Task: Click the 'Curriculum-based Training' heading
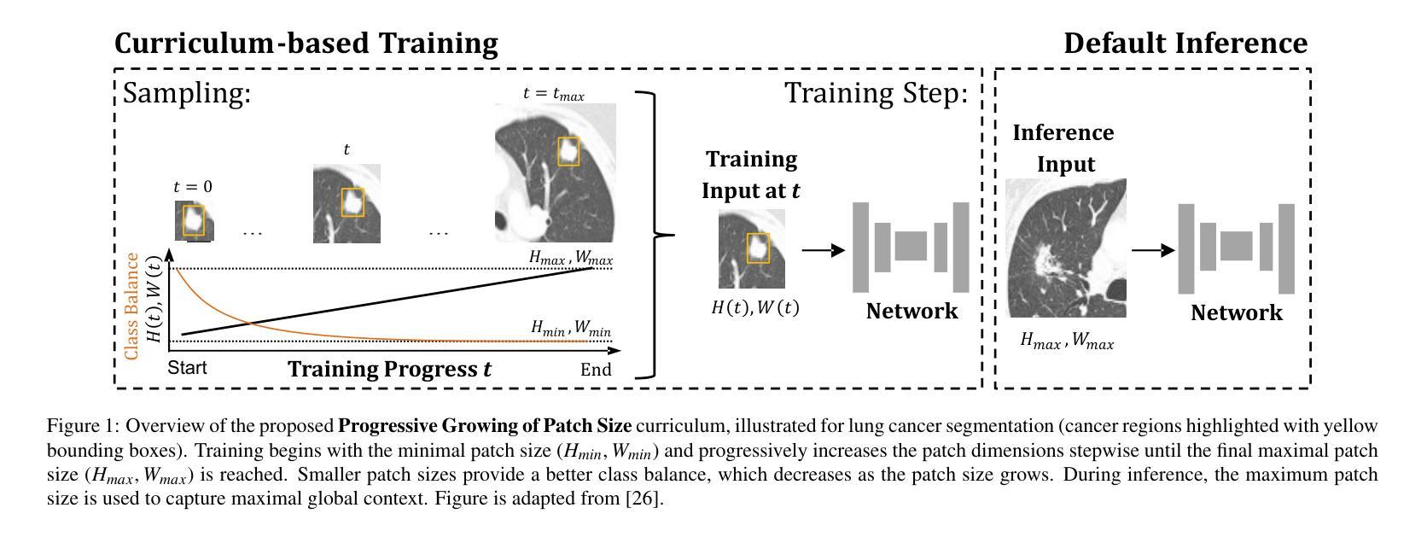(306, 43)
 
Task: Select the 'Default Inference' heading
(1185, 43)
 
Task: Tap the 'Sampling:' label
(187, 92)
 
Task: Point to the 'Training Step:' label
(877, 92)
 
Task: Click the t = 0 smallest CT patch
(193, 221)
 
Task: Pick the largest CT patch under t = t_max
(555, 172)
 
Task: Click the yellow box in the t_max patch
(568, 151)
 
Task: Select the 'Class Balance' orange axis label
(131, 306)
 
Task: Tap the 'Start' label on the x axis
(187, 368)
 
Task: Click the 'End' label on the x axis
(596, 369)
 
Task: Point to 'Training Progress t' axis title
(389, 369)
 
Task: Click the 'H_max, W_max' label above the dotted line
(570, 256)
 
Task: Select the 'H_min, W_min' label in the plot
(570, 327)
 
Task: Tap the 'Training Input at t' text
(751, 175)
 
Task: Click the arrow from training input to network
(823, 250)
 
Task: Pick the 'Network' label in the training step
(912, 311)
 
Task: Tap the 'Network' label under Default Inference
(1236, 312)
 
